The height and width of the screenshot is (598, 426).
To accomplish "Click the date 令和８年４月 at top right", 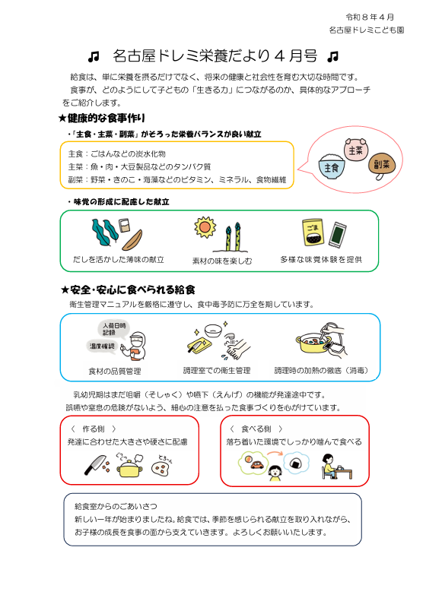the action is (x=370, y=17).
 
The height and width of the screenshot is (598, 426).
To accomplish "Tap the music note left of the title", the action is (x=94, y=57).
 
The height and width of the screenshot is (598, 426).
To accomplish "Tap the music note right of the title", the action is (x=333, y=57).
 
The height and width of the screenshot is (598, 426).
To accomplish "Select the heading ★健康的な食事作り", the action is (x=102, y=119).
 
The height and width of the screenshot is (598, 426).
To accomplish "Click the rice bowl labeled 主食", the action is (x=332, y=165).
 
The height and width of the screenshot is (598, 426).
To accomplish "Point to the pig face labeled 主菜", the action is (x=356, y=149).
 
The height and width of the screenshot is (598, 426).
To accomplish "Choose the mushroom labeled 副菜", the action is (x=381, y=166).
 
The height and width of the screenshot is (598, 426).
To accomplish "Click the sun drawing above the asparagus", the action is (x=205, y=227).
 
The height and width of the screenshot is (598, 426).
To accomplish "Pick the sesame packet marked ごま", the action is (x=313, y=233).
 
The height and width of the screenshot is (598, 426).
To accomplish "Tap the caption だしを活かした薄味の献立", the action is (x=119, y=260).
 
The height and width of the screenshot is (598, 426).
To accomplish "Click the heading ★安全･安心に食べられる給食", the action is (x=128, y=290).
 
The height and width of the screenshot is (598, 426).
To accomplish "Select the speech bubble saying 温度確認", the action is (x=102, y=346).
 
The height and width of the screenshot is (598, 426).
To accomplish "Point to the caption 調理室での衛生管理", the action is (x=217, y=370).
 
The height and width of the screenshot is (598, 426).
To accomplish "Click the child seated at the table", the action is (x=329, y=466).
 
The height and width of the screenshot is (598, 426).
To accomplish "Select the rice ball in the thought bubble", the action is (x=297, y=464).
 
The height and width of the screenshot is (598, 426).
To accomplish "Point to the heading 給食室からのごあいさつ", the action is (x=116, y=506).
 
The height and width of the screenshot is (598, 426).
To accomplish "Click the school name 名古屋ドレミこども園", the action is (x=367, y=30).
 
